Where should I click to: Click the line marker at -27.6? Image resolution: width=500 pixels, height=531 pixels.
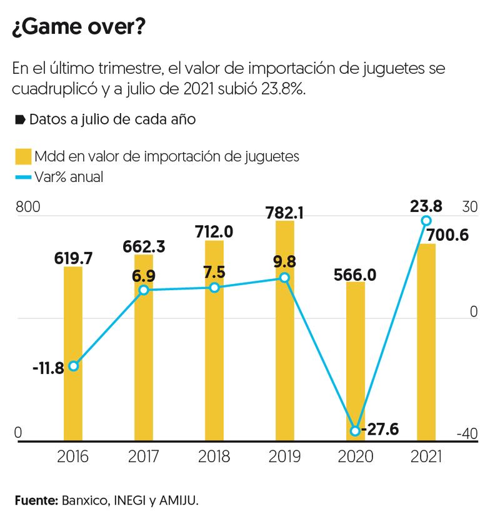click(x=356, y=431)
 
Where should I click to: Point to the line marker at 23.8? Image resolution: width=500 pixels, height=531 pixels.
click(x=426, y=220)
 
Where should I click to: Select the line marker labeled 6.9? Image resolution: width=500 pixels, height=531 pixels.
click(x=144, y=290)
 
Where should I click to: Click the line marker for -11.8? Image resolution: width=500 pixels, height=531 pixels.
click(x=73, y=366)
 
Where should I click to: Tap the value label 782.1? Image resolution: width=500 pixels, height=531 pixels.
click(x=284, y=213)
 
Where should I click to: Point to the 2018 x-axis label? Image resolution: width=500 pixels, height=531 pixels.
click(x=214, y=457)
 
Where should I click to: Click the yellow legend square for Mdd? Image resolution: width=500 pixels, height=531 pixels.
click(x=23, y=156)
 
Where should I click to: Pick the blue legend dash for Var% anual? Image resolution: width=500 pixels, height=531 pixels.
click(x=23, y=178)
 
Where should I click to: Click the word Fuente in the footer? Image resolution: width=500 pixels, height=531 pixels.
click(x=35, y=501)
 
